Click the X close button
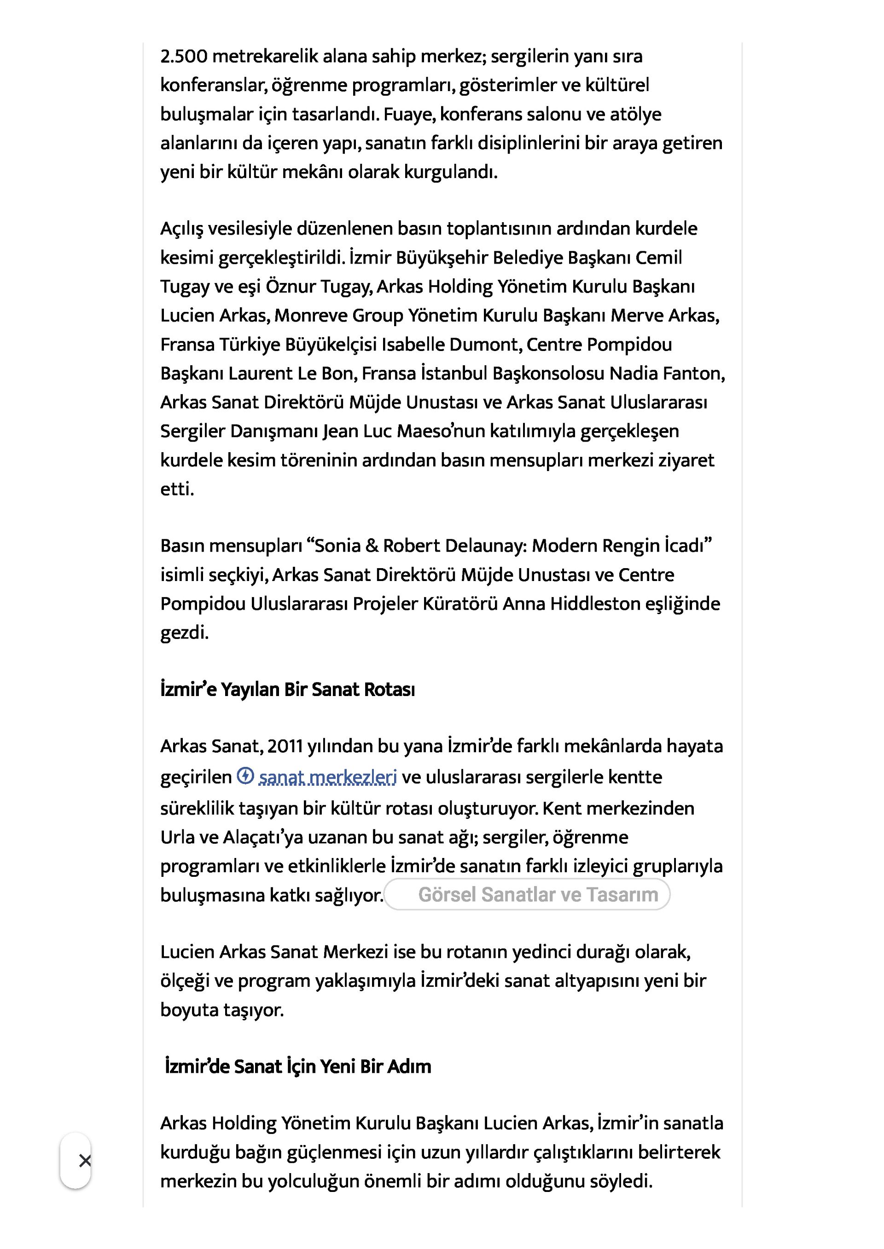point(85,1161)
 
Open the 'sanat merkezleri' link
point(328,777)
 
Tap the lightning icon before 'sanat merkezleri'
point(245,776)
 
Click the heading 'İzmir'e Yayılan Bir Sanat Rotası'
point(287,690)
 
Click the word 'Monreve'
point(310,316)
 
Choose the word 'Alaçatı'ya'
point(262,837)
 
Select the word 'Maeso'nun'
point(441,432)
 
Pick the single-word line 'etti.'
point(177,489)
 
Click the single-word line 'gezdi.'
point(184,633)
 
